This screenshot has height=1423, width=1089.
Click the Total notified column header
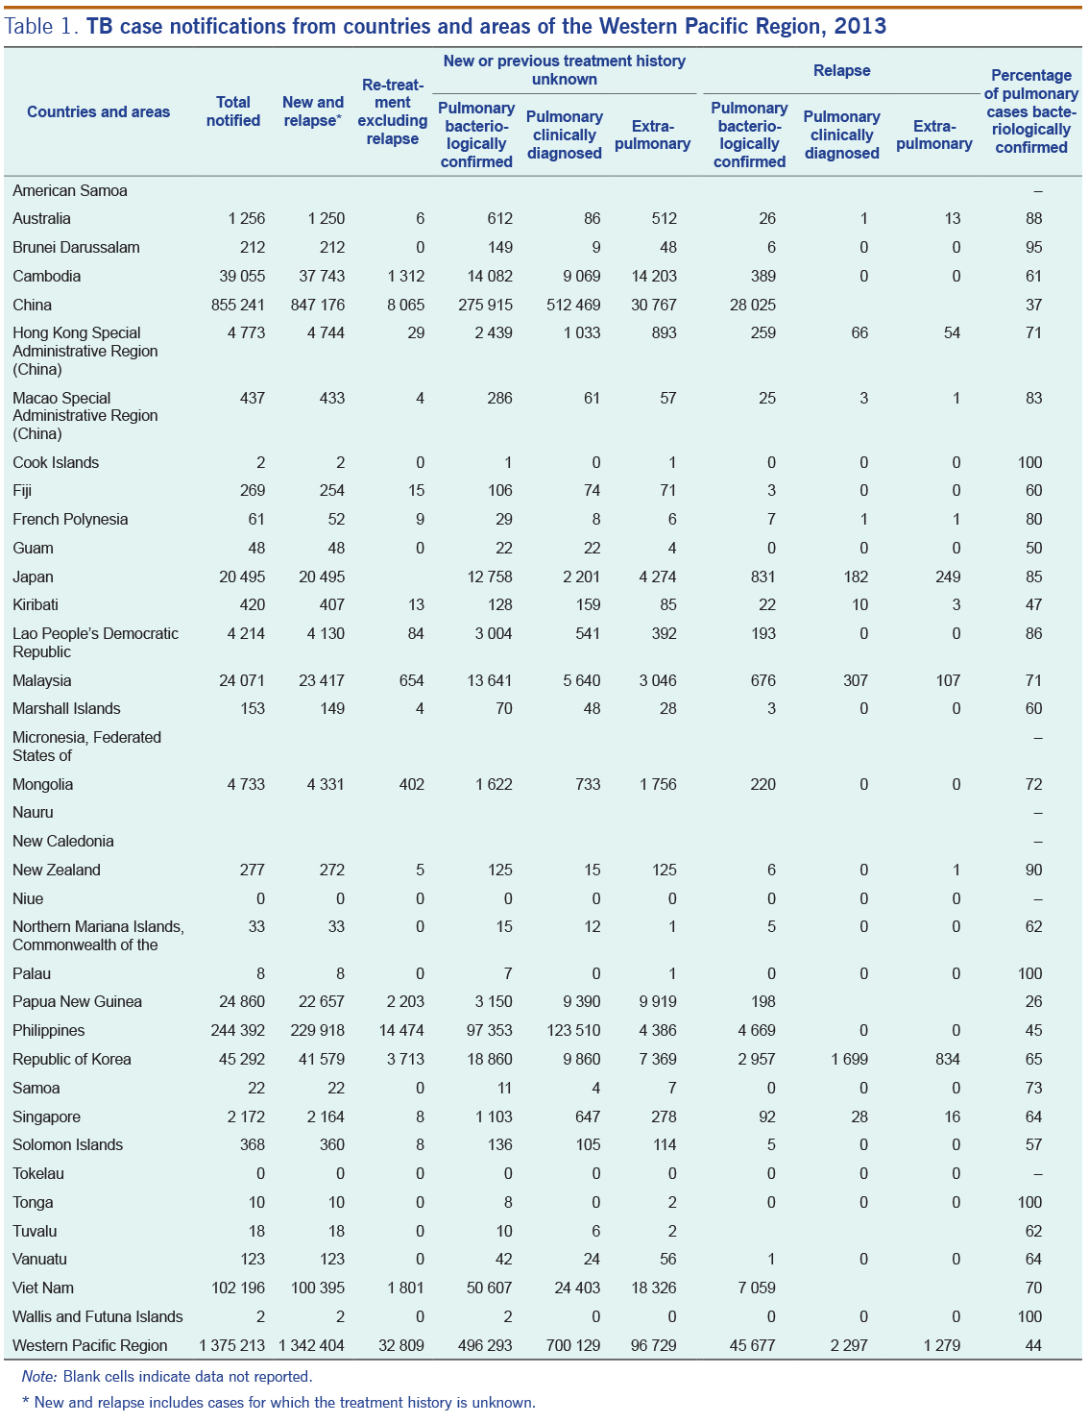click(x=233, y=111)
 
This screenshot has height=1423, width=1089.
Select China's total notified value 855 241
click(x=238, y=305)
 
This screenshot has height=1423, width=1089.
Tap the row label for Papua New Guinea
click(x=77, y=1001)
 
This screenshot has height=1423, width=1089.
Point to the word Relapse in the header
click(x=841, y=70)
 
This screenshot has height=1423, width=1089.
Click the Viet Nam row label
click(x=43, y=1288)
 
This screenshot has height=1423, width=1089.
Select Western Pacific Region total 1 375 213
click(x=232, y=1345)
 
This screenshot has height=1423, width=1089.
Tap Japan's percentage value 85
click(x=1033, y=577)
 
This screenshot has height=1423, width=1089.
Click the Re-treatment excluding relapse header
click(x=392, y=111)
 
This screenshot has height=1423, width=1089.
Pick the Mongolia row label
click(x=42, y=784)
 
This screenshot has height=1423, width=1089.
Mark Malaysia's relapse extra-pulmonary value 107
click(x=948, y=680)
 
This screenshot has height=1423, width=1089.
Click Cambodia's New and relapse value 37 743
click(x=322, y=276)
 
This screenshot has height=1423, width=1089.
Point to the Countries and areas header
click(x=98, y=111)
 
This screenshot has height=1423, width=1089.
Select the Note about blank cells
click(x=166, y=1376)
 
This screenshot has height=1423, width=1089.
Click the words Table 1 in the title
click(x=41, y=26)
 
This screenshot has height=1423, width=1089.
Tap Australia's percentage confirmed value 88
click(x=1033, y=218)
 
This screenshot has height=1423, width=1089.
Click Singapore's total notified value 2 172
click(x=246, y=1116)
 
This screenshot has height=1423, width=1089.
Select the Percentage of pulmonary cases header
click(x=1031, y=111)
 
